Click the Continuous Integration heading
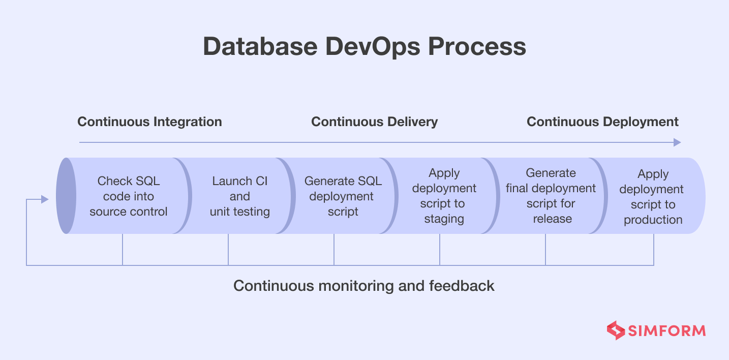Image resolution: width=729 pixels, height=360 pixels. pos(149,122)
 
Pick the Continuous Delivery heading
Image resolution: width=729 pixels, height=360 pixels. pos(374,122)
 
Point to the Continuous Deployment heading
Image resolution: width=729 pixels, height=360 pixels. pos(602,122)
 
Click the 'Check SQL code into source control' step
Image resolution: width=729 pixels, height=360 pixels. pos(129,196)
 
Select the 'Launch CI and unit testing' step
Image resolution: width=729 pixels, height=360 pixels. pos(239,196)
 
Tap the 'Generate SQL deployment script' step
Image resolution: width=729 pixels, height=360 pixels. pos(343,196)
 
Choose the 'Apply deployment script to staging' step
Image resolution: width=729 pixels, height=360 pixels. pos(444,196)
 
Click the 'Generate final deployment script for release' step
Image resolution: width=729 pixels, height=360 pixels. pos(551,196)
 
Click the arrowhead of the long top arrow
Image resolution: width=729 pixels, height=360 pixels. pos(677,142)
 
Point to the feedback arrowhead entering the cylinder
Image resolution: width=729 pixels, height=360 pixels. pos(45,199)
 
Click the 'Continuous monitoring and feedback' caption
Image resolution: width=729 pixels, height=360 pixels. pos(363,286)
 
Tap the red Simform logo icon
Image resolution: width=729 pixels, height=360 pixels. pos(616,331)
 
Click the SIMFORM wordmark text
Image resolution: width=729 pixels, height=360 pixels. pos(666,331)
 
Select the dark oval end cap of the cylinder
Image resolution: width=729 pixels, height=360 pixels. pos(66,196)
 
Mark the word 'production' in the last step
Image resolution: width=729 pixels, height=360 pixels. pos(653,220)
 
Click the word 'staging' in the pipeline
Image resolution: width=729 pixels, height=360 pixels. pos(444,219)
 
